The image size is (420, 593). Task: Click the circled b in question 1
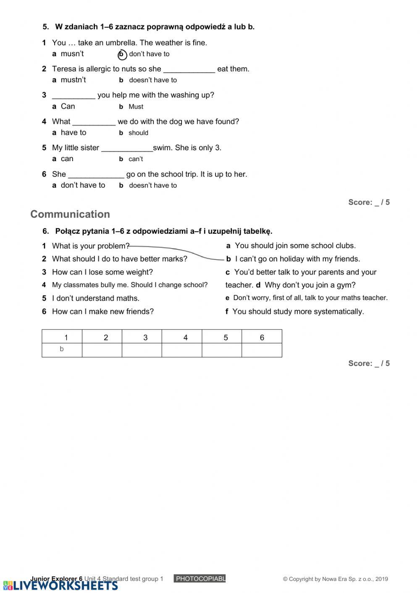[122, 55]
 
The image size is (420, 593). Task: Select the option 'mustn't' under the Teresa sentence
[73, 80]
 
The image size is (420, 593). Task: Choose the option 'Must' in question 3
[136, 107]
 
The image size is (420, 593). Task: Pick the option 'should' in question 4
[138, 133]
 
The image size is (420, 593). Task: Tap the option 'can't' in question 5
[135, 159]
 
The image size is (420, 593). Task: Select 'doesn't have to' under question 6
[152, 185]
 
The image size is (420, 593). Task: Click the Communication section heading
[70, 214]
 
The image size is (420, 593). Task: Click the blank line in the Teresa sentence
[189, 70]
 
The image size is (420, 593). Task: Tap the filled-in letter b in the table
[62, 349]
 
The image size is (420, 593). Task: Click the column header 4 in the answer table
[185, 337]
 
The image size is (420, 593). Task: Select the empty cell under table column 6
[262, 350]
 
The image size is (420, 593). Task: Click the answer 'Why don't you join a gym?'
[310, 285]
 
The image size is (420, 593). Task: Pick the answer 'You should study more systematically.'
[298, 312]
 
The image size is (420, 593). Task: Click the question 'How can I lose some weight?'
[102, 272]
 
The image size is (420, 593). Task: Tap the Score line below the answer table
[369, 363]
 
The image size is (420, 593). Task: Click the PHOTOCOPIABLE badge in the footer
[199, 579]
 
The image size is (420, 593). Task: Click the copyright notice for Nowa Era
[335, 579]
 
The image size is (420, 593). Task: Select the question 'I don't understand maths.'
[95, 298]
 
